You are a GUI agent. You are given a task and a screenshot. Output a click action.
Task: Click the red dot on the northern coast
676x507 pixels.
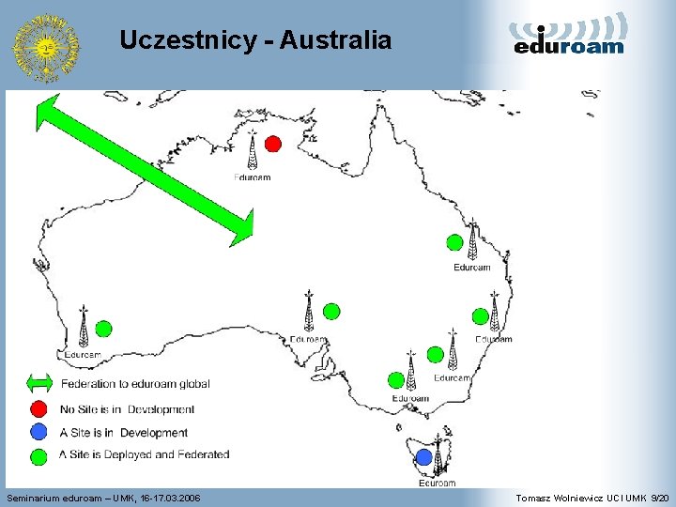[272, 144]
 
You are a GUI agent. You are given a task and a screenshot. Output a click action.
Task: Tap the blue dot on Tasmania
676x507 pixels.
[423, 457]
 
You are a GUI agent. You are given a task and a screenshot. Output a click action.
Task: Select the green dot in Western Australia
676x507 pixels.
[103, 328]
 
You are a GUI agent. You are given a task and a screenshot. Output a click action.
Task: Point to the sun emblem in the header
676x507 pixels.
[45, 46]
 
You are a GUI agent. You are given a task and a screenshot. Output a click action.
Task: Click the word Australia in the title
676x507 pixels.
[335, 40]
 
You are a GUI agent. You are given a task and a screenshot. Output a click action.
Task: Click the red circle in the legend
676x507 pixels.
[38, 408]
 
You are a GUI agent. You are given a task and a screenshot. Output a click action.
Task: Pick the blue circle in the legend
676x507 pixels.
[38, 432]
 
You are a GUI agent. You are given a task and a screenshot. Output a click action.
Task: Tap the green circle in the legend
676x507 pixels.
[38, 455]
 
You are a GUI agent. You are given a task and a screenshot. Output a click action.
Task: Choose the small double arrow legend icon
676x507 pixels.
[39, 383]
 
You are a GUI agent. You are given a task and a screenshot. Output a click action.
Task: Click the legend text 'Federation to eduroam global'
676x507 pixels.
[135, 383]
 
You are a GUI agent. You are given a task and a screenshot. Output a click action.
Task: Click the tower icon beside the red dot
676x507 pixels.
[252, 151]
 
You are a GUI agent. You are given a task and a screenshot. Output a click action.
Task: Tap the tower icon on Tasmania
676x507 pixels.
[438, 457]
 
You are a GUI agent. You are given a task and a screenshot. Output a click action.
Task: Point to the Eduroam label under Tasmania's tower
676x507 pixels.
[438, 484]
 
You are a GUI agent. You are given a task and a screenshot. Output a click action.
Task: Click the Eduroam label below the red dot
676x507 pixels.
[253, 177]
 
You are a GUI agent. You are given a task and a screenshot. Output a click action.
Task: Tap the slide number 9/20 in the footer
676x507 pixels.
[660, 497]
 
